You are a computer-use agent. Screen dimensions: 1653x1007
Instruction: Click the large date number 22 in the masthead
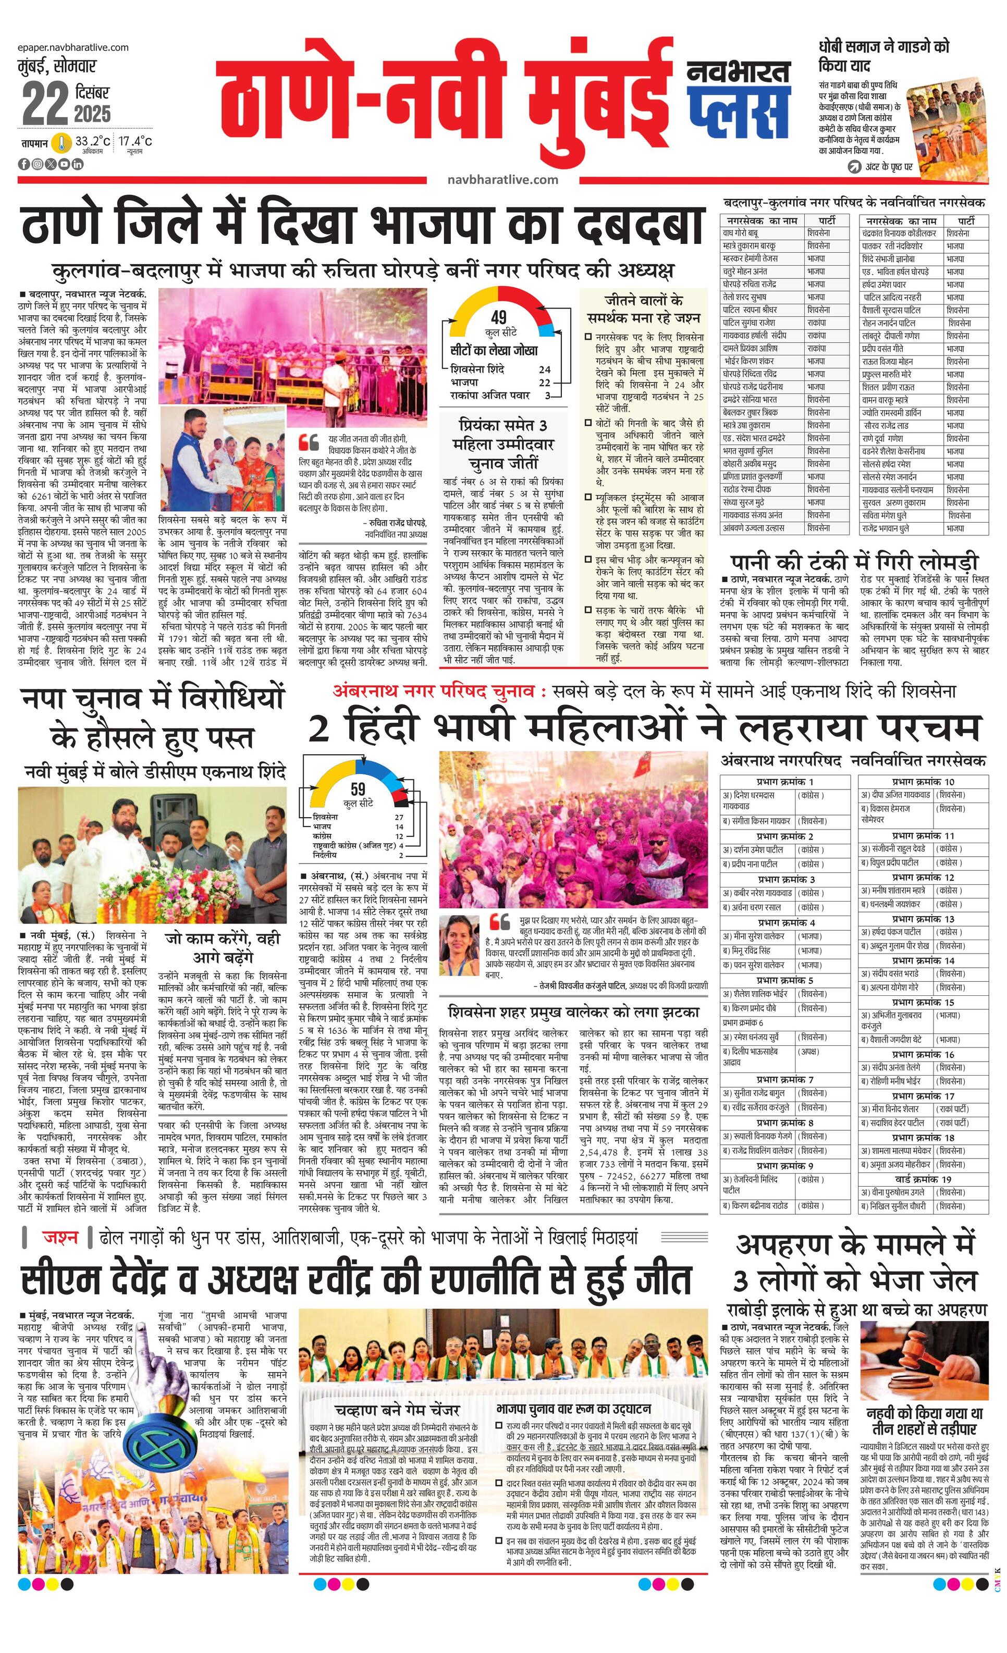pos(45,104)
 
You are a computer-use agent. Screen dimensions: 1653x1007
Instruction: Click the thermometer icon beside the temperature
pos(62,143)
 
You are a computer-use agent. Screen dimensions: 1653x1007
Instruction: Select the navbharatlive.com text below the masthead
pos(502,180)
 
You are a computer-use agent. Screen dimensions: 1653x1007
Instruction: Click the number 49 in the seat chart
pos(498,317)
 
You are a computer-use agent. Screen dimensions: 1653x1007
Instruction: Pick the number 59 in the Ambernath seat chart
pos(358,790)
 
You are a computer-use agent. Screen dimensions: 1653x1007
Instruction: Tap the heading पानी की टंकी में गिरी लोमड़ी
pos(855,561)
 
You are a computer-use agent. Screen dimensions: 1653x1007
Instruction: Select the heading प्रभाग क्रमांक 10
pos(923,782)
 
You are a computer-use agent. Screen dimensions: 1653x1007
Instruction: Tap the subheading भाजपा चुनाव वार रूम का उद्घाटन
pos(574,1409)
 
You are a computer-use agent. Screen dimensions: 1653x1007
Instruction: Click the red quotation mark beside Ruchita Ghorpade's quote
pos(309,441)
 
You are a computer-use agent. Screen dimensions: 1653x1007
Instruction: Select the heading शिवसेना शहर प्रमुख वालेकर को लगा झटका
pos(574,1011)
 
